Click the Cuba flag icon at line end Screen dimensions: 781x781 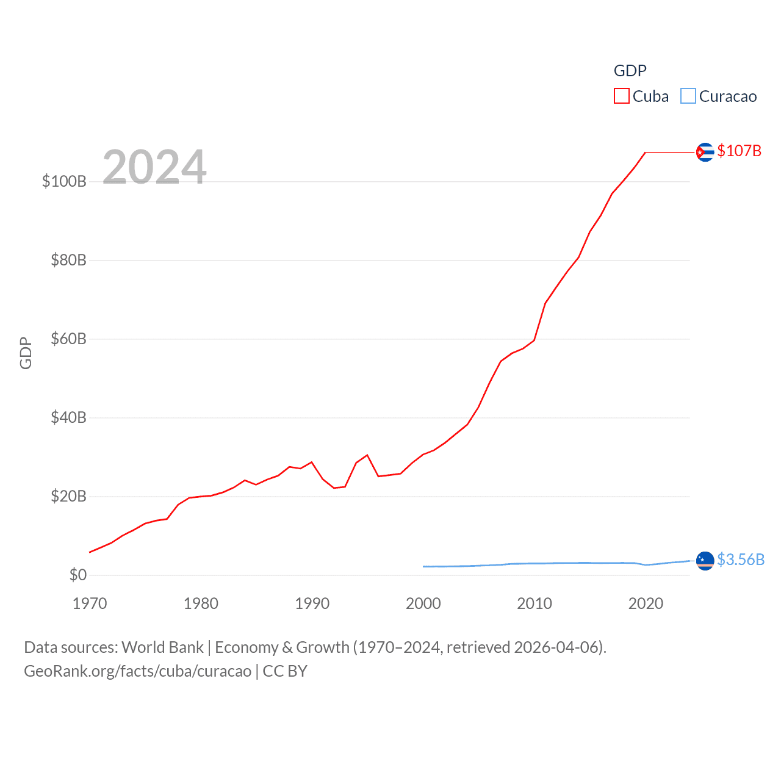point(705,152)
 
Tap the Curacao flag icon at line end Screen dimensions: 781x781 point(705,560)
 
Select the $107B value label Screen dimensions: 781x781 point(739,151)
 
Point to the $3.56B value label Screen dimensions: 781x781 point(740,560)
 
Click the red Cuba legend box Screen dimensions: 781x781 point(621,96)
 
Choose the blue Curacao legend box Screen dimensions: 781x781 point(688,96)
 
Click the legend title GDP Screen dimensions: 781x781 point(630,71)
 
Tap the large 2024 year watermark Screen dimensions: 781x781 point(154,167)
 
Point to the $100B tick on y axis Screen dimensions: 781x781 point(64,181)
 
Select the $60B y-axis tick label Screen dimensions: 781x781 point(68,339)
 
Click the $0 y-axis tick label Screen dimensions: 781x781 point(77,575)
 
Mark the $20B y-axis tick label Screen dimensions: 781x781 point(68,496)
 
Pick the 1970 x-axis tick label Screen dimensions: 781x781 point(90,603)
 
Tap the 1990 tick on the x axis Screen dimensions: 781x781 point(312,603)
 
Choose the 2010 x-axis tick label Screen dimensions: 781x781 point(534,603)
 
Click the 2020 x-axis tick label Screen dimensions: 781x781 point(646,603)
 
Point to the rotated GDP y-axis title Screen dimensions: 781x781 point(26,353)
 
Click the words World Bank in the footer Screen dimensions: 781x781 point(162,647)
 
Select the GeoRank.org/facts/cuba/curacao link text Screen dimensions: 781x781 point(137,671)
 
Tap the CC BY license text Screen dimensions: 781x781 point(285,671)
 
